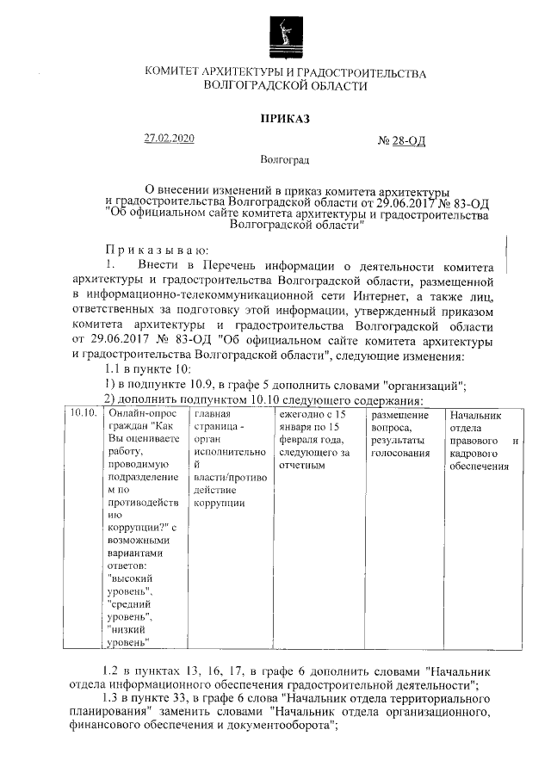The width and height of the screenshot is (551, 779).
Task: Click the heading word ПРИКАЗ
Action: (x=284, y=118)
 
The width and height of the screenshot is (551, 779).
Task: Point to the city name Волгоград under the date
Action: (x=284, y=160)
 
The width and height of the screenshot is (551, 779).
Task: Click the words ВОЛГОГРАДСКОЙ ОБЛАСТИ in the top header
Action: (x=284, y=85)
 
